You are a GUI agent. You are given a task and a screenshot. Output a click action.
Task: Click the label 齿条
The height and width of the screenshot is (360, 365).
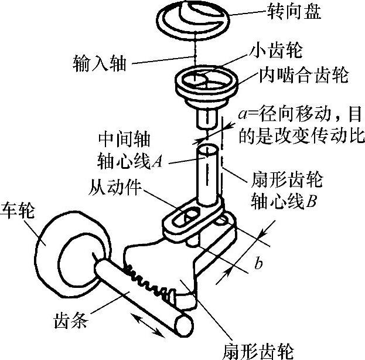click(73, 321)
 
